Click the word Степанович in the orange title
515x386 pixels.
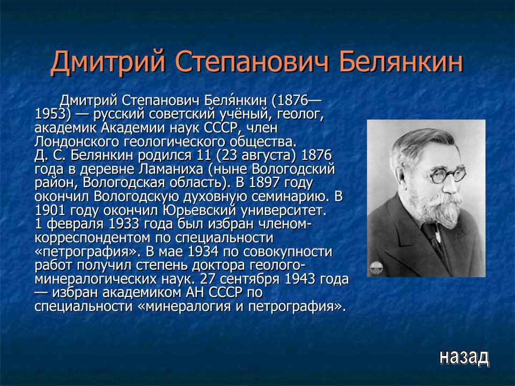pos(252,62)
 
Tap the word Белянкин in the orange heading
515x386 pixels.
pos(402,62)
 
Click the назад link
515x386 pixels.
pos(464,357)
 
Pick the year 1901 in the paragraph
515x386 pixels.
pos(54,209)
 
